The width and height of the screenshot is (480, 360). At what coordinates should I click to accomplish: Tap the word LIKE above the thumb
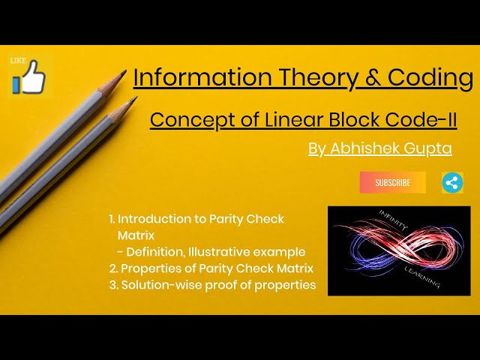[19, 60]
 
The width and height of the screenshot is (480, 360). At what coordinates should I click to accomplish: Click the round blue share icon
[452, 182]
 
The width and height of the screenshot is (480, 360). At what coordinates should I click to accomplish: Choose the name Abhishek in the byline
[365, 148]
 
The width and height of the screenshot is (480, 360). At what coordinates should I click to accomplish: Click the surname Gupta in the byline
[427, 148]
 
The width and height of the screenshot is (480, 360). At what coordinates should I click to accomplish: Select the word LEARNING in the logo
[421, 275]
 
